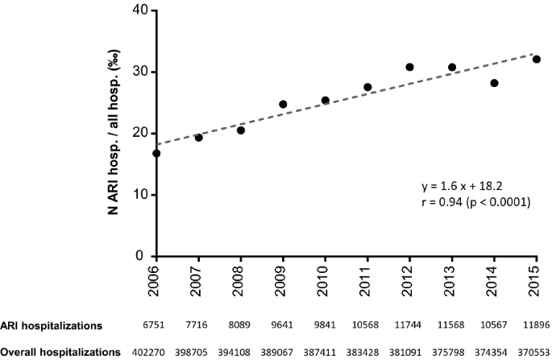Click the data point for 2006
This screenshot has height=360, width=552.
click(156, 153)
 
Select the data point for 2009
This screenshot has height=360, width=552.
click(283, 104)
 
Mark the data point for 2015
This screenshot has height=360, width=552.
click(536, 59)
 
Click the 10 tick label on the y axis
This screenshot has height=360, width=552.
click(142, 195)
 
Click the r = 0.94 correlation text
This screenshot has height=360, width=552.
click(469, 202)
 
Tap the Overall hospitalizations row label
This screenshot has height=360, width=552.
click(60, 351)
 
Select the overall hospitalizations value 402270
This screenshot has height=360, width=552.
click(156, 351)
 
